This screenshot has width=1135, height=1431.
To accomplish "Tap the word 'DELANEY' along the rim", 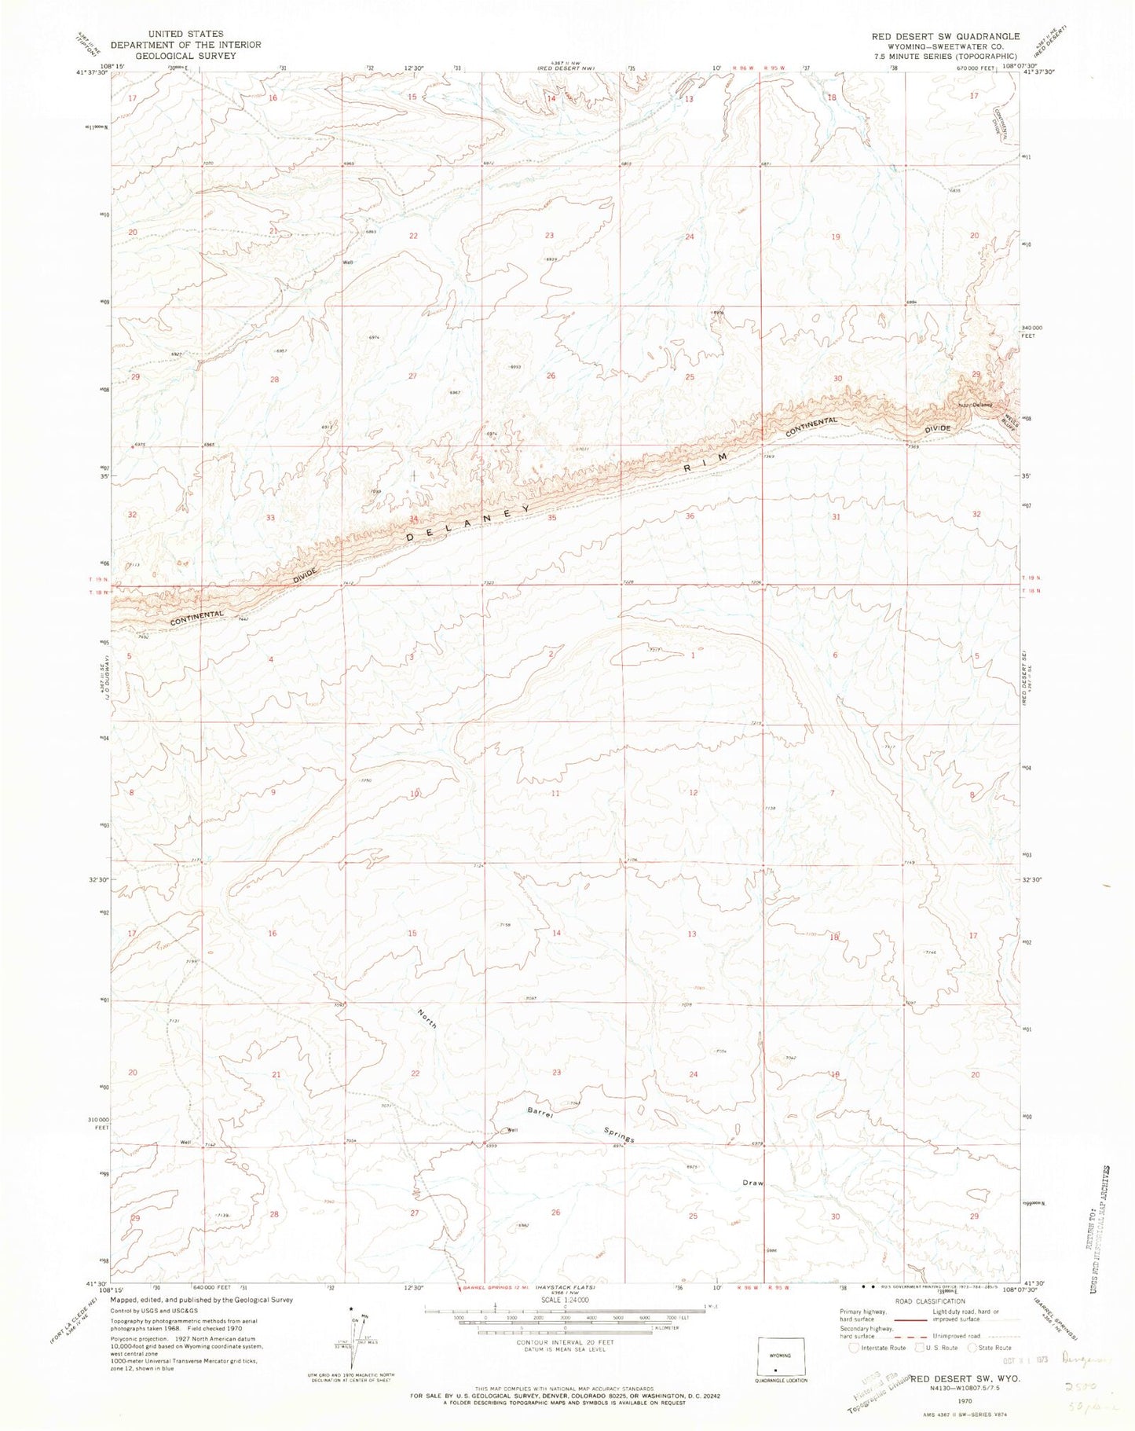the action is (469, 526).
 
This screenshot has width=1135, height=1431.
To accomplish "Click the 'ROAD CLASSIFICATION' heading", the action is (924, 1301).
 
